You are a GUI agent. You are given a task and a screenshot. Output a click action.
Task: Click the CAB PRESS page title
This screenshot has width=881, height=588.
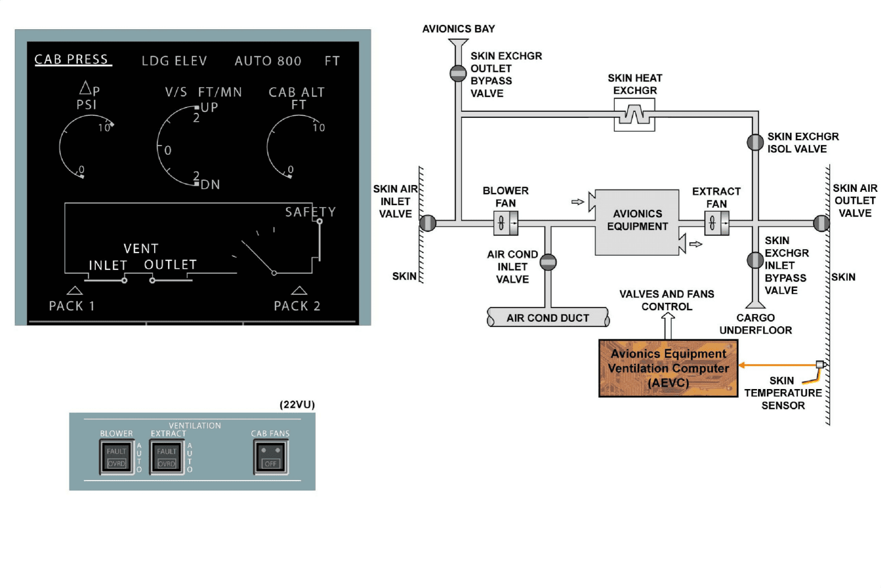click(x=72, y=60)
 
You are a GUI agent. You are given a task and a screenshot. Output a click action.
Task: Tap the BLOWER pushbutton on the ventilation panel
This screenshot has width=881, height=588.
click(x=117, y=457)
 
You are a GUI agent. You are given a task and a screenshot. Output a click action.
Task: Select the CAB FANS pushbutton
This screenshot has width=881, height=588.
click(x=271, y=457)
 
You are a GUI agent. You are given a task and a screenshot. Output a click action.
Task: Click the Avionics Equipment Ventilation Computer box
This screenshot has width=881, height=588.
click(x=668, y=368)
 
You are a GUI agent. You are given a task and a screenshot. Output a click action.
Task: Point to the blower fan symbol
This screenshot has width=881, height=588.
click(x=505, y=223)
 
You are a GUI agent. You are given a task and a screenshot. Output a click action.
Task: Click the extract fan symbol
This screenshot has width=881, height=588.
click(x=716, y=223)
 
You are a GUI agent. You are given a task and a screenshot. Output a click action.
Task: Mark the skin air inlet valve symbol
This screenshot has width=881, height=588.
click(x=428, y=223)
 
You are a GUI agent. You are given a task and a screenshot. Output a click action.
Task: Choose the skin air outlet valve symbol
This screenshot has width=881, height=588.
click(x=821, y=223)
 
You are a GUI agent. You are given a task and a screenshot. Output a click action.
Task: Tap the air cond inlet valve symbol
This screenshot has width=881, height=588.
click(x=548, y=262)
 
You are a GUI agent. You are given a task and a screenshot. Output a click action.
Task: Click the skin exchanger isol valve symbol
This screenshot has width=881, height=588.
click(x=755, y=142)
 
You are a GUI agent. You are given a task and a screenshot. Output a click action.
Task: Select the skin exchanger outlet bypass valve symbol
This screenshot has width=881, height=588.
click(x=458, y=73)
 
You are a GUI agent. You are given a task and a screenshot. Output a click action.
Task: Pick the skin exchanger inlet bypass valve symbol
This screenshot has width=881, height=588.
click(x=755, y=260)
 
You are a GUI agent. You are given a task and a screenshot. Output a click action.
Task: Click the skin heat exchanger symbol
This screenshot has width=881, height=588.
click(x=634, y=115)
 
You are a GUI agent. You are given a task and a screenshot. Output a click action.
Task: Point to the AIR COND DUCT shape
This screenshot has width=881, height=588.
click(x=548, y=317)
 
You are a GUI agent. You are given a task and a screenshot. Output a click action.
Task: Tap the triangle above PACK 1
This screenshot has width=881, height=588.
click(x=74, y=290)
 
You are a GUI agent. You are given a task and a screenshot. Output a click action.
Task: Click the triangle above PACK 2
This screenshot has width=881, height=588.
click(x=299, y=290)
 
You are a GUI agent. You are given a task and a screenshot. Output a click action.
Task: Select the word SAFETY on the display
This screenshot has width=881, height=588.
click(x=310, y=212)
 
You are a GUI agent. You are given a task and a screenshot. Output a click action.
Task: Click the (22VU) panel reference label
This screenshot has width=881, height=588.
click(x=297, y=404)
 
